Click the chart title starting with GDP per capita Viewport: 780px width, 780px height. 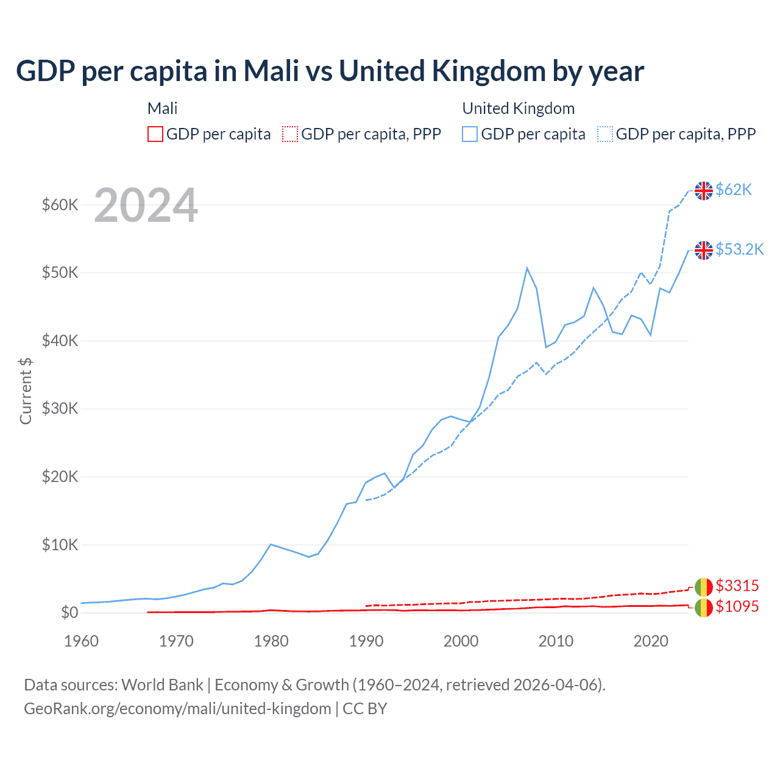click(330, 71)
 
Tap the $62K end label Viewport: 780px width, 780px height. click(734, 190)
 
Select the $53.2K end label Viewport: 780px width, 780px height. click(739, 250)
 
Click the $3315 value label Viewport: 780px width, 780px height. click(737, 586)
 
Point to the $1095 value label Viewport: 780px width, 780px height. click(737, 607)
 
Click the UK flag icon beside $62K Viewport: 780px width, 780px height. click(704, 191)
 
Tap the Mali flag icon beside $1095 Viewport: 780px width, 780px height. click(704, 608)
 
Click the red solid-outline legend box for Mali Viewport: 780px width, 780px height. click(155, 134)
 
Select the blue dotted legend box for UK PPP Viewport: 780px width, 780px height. click(605, 134)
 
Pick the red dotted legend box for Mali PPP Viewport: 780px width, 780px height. click(290, 134)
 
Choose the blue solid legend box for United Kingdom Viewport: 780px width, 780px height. click(470, 134)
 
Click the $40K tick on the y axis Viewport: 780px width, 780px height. click(60, 341)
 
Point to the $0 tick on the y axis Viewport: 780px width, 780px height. click(69, 613)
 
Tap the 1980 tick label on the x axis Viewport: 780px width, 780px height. click(271, 641)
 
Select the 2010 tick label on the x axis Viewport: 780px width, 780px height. click(556, 641)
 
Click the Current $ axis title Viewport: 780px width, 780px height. click(26, 391)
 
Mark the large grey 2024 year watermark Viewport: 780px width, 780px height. click(146, 206)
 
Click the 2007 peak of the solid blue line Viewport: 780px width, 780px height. click(527, 268)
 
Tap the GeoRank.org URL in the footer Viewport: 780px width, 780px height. click(177, 709)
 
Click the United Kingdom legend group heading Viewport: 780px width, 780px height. click(518, 108)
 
